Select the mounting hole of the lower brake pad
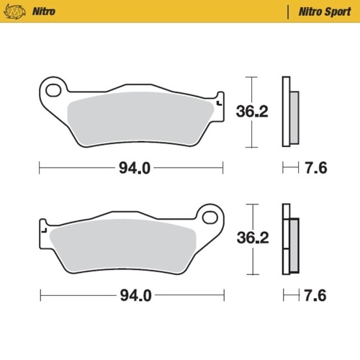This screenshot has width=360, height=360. (211, 216)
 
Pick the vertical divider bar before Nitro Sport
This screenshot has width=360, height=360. (288, 12)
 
